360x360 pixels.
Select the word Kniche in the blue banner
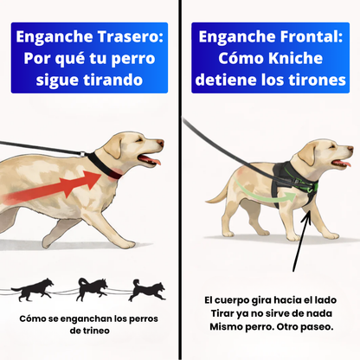[x=296, y=58]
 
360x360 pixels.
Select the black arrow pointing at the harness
[x=301, y=241]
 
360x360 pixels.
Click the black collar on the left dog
[x=105, y=166]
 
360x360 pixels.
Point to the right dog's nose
[x=350, y=149]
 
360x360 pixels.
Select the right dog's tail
[x=215, y=196]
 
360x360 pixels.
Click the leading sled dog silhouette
[x=147, y=290]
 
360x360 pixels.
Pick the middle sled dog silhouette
[x=93, y=289]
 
